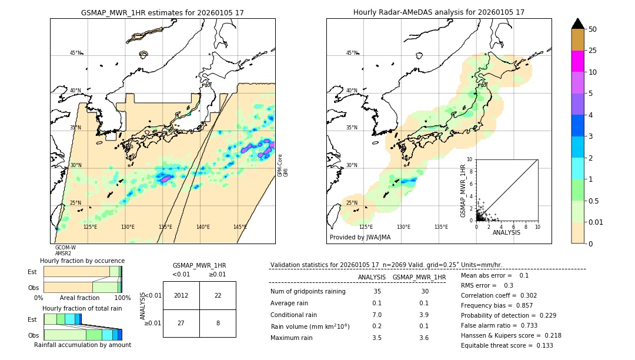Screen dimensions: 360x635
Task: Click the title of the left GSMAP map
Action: [162, 12]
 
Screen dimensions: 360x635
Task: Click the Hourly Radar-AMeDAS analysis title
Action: [439, 12]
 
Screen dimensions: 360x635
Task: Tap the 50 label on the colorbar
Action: [593, 29]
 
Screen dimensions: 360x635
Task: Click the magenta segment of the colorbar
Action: [577, 61]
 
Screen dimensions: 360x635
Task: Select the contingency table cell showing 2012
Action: [181, 295]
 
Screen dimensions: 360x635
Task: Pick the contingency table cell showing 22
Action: [218, 295]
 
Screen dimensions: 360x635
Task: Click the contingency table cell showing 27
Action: [181, 323]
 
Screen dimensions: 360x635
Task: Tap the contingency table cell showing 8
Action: [218, 323]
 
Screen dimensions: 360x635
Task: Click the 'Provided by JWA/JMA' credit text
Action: [360, 238]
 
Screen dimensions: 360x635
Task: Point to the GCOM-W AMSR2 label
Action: [65, 251]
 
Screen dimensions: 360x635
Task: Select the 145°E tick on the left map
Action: [240, 227]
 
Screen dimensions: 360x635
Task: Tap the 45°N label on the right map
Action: [352, 53]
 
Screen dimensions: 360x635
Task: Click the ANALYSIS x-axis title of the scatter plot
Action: [506, 232]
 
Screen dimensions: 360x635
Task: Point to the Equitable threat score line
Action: [507, 345]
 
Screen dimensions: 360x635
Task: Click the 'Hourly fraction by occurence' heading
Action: [82, 261]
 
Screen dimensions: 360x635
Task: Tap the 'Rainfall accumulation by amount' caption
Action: [82, 345]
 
